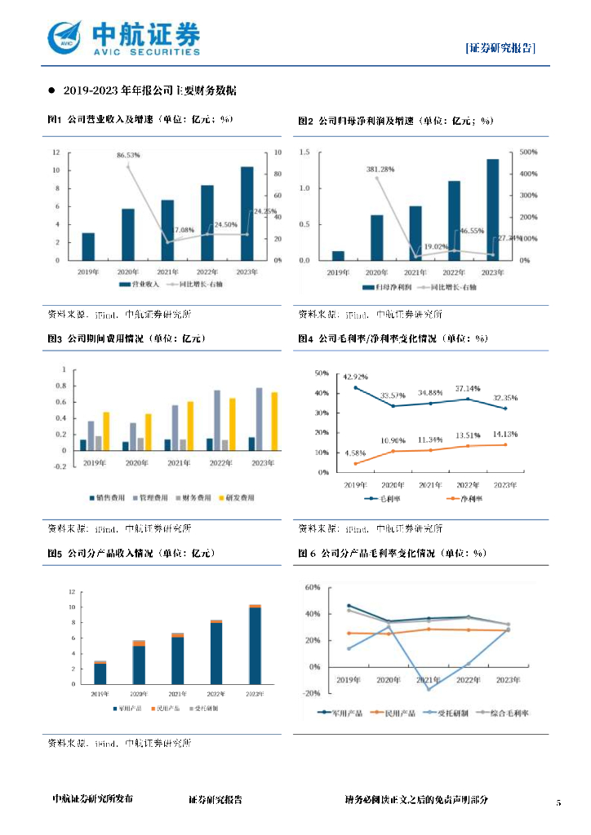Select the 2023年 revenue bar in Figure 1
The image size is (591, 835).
247,214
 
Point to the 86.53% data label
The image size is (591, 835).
128,155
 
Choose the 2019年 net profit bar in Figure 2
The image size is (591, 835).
338,256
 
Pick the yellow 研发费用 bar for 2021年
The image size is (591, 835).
190,426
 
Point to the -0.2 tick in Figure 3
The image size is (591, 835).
60,467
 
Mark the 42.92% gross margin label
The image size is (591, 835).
355,378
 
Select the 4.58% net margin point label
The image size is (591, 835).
355,453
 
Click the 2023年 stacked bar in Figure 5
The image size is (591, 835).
256,645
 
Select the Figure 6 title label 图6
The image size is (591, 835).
306,553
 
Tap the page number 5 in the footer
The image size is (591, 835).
559,803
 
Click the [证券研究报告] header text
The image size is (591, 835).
500,48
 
